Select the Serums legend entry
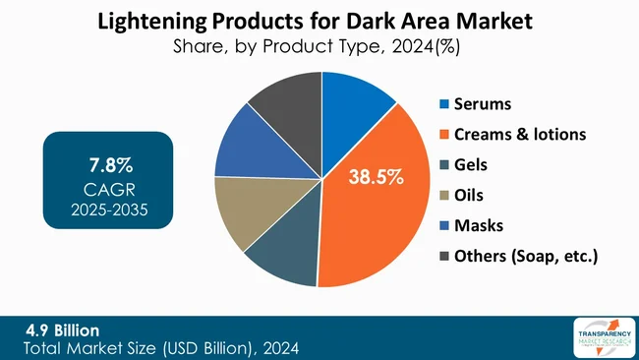481,103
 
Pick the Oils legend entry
469,195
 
